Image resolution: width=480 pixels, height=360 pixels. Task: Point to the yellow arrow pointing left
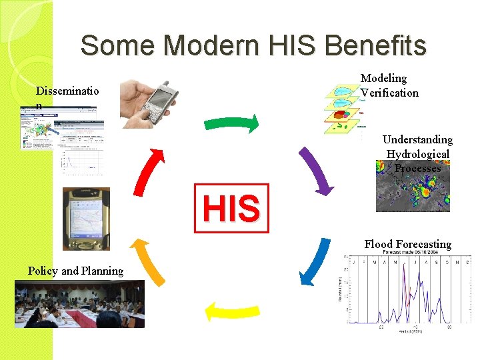pyautogui.click(x=231, y=311)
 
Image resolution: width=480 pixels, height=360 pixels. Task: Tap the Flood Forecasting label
pyautogui.click(x=407, y=244)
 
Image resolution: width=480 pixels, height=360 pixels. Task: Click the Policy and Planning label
pyautogui.click(x=75, y=271)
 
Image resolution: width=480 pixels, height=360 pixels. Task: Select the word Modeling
pyautogui.click(x=383, y=79)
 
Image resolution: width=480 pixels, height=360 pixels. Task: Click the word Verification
pyautogui.click(x=390, y=93)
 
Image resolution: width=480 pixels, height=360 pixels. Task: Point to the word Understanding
pyautogui.click(x=417, y=139)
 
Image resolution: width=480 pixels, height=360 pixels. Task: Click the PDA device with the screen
pyautogui.click(x=85, y=219)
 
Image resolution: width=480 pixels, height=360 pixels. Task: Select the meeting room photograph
pyautogui.click(x=79, y=304)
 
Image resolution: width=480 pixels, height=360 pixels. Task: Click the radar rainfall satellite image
pyautogui.click(x=413, y=190)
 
